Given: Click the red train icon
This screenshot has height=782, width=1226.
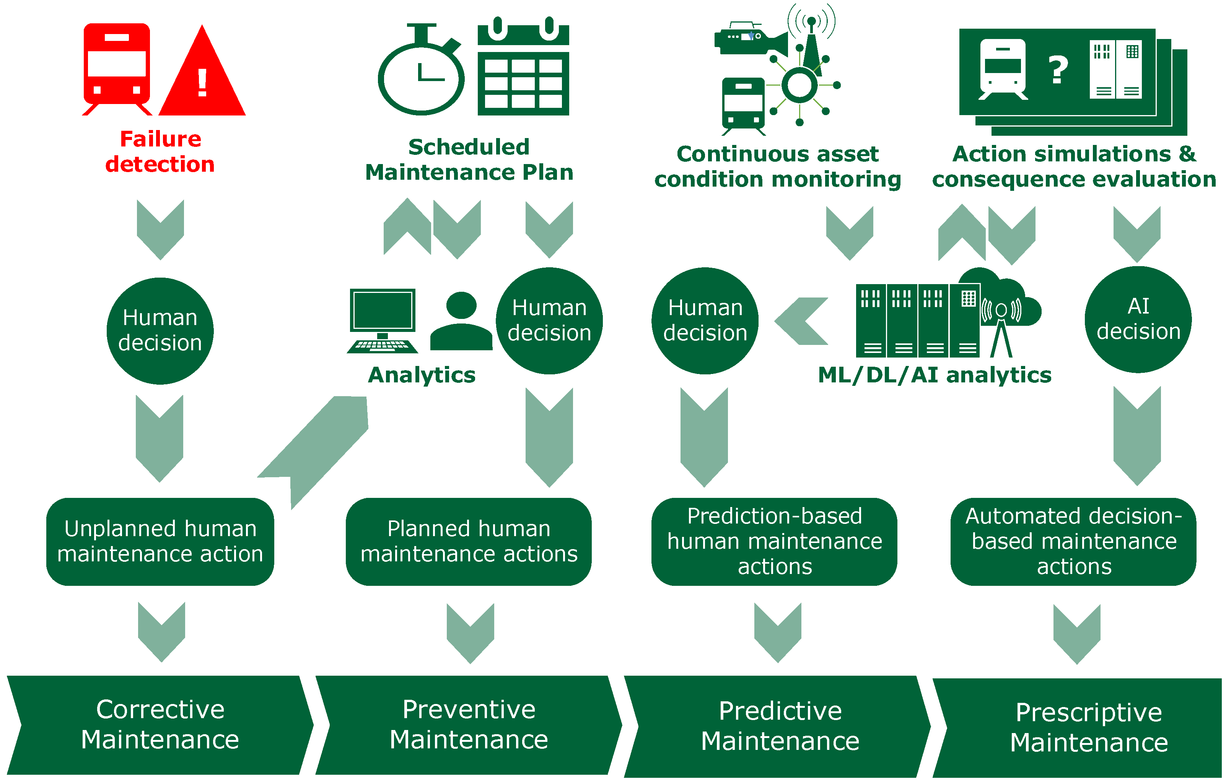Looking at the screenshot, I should point(117,66).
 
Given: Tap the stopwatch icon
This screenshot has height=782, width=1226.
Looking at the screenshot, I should point(421,74).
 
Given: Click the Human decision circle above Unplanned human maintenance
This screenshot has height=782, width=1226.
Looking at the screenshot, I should point(160,330).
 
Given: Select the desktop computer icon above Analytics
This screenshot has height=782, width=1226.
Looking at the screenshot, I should point(383,320).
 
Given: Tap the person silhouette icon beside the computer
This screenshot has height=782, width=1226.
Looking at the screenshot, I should point(461,322).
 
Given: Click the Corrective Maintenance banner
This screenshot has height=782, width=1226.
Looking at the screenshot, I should point(160,725).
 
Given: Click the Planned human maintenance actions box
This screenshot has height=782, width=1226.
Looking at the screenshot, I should point(469,541).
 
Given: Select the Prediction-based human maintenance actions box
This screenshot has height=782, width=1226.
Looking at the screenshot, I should point(774,541).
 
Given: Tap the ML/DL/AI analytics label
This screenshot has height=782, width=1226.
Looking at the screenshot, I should point(934,375).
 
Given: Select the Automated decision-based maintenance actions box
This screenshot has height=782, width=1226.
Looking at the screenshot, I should point(1073,541).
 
